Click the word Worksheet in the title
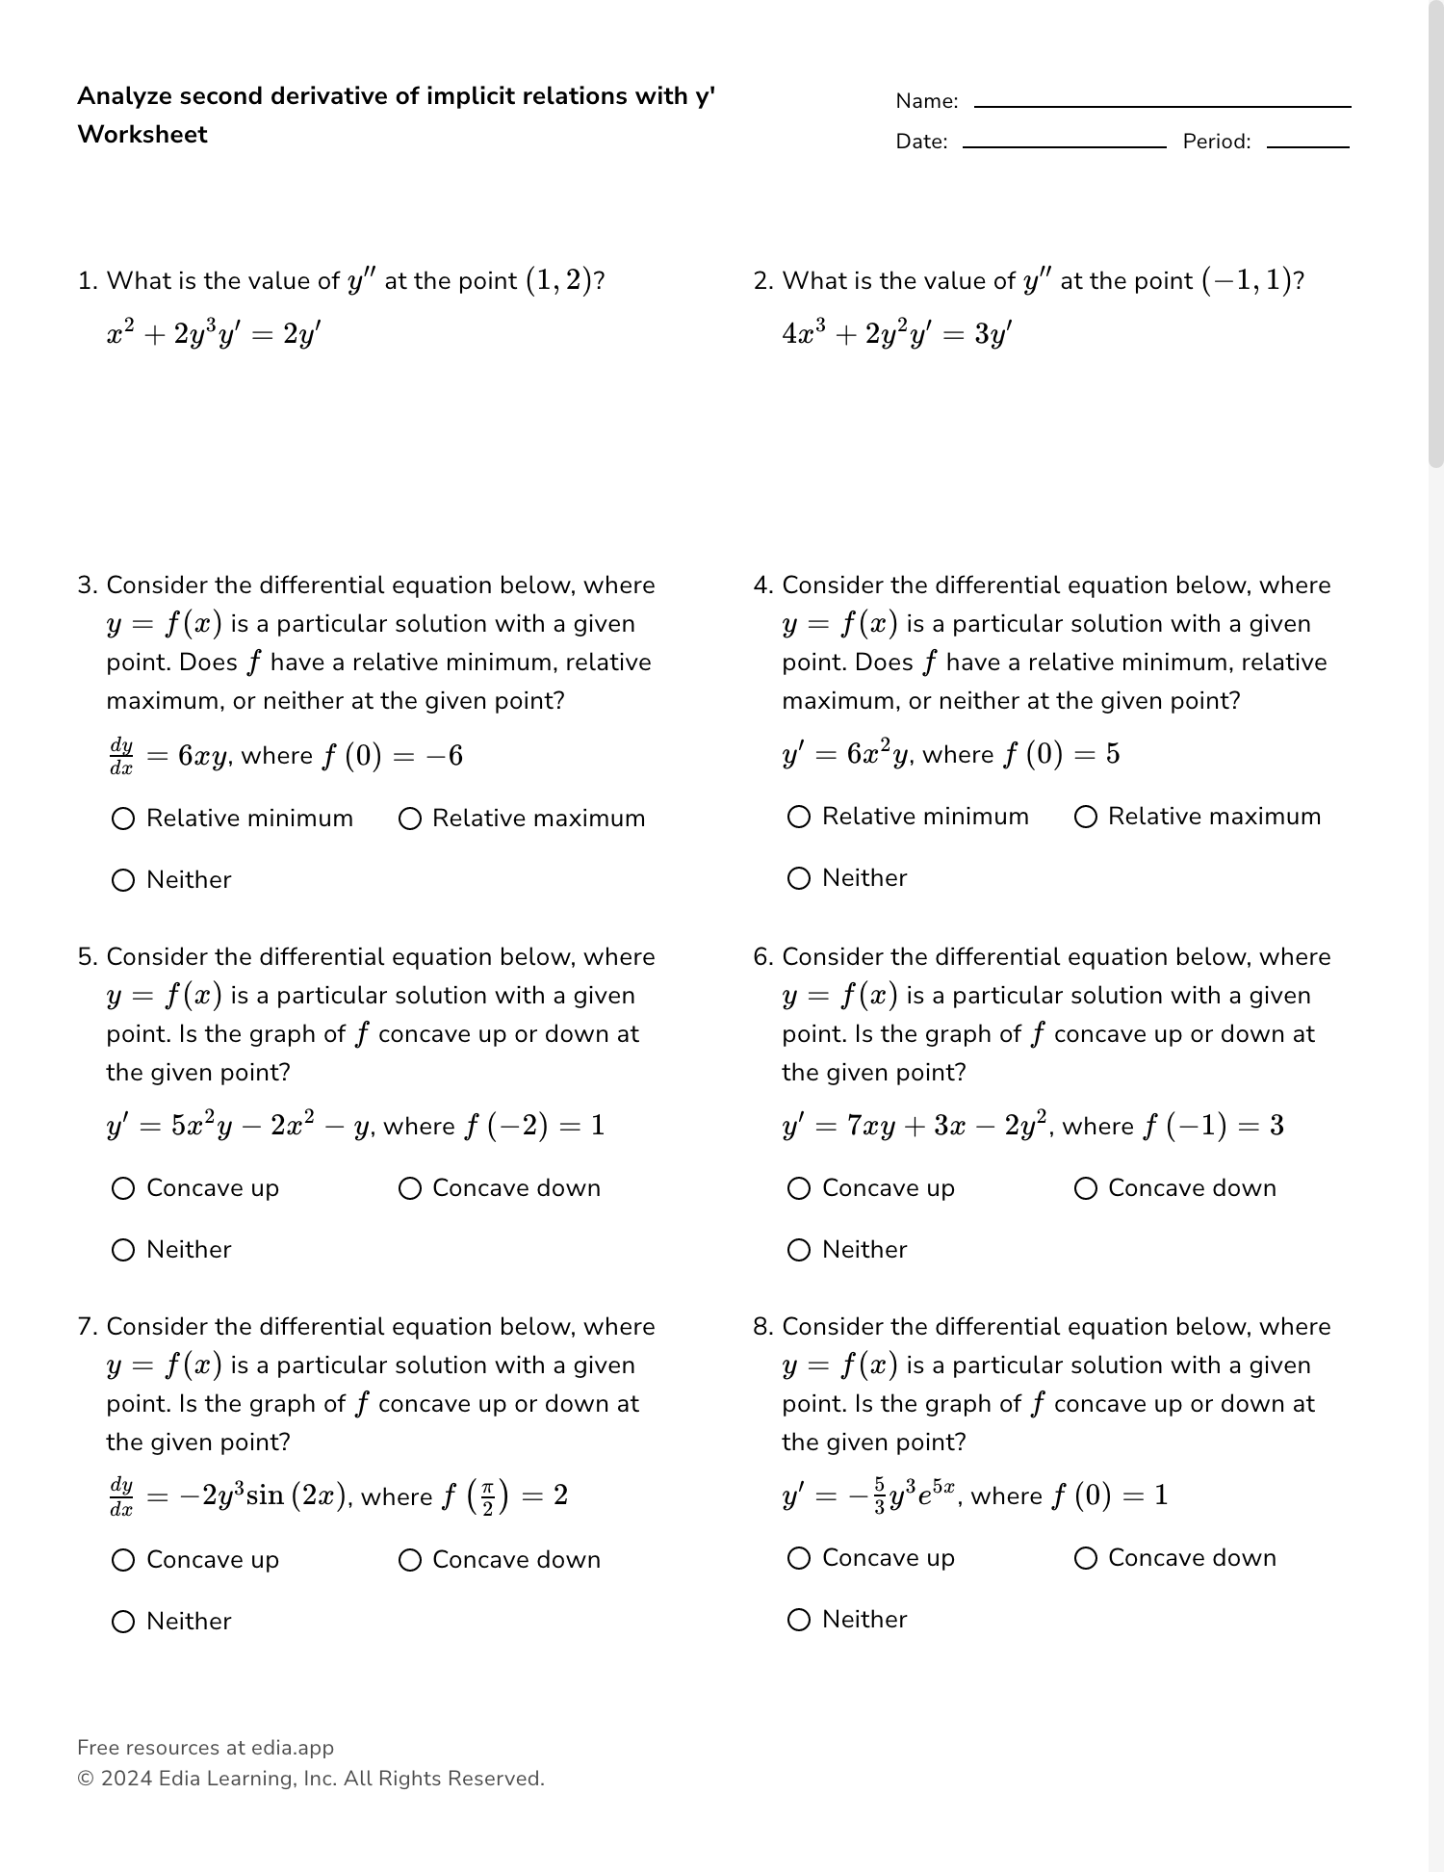(x=142, y=135)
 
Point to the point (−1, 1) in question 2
(x=1247, y=281)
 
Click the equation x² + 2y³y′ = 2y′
(x=214, y=334)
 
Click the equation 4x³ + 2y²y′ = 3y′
(x=896, y=334)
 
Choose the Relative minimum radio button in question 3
(x=123, y=819)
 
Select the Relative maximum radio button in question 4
(x=1086, y=817)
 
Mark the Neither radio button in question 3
(x=123, y=880)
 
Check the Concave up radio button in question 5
(x=123, y=1188)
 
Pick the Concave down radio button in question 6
(x=1086, y=1188)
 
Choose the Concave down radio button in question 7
(x=410, y=1560)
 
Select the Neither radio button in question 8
(x=799, y=1620)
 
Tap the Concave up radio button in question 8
(x=799, y=1558)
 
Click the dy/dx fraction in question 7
(x=121, y=1496)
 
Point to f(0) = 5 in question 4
(x=1060, y=754)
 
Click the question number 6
(x=762, y=957)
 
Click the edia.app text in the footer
(x=293, y=1748)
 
